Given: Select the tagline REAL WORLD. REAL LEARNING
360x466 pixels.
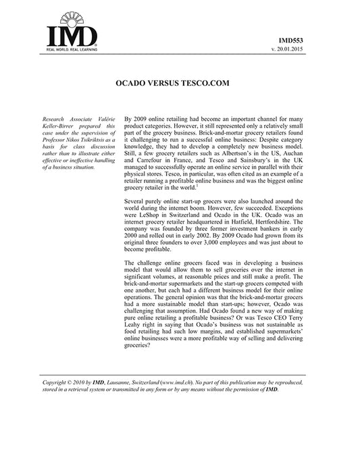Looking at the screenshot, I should pos(71,50).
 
